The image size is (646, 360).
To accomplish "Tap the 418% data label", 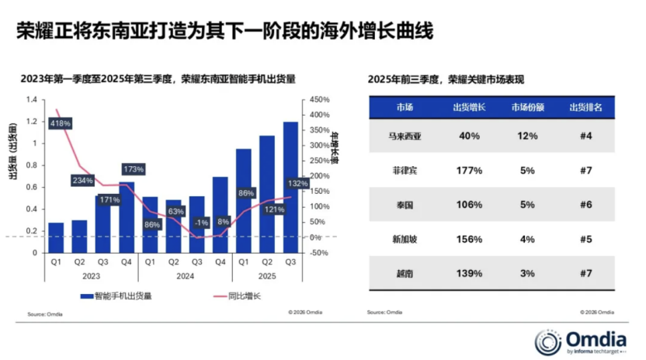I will coord(60,123).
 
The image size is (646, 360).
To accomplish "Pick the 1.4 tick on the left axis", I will coord(31,100).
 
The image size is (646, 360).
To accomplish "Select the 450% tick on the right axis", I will coord(319,100).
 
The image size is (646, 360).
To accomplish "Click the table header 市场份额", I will coord(527,107).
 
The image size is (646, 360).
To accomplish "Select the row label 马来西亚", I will coord(405,136).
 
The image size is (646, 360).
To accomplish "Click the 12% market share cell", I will coord(527,136).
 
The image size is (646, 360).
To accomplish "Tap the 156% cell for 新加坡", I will coord(468,239).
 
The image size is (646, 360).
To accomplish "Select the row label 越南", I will coord(405,273).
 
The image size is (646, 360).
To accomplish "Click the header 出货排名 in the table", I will coord(585,107).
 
